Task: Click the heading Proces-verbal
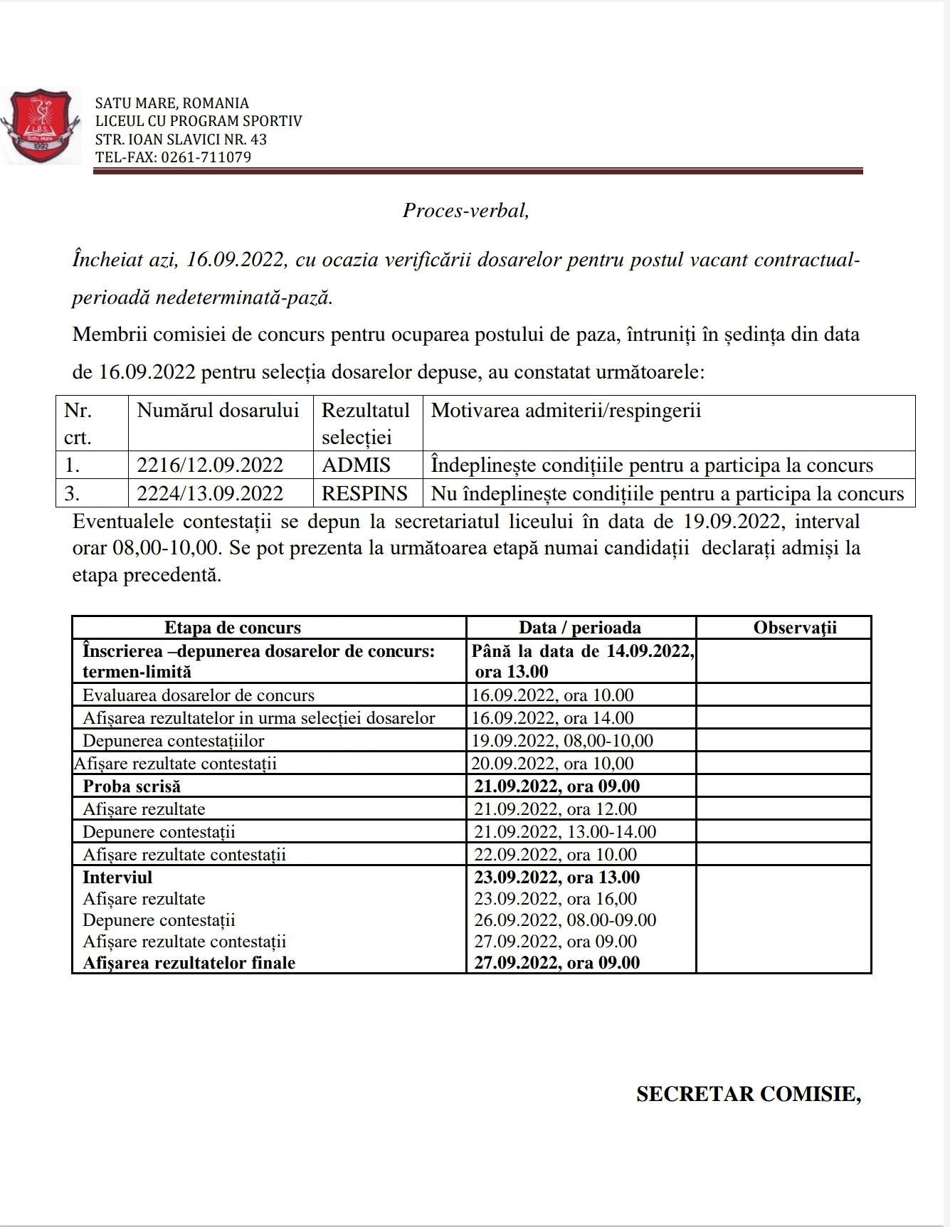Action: click(x=466, y=211)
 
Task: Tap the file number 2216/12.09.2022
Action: click(x=210, y=465)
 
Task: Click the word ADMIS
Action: click(x=356, y=465)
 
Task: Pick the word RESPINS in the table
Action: click(x=364, y=493)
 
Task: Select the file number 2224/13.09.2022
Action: click(x=210, y=493)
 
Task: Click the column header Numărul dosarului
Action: click(x=218, y=411)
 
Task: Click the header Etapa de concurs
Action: click(x=233, y=628)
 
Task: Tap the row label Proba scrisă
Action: click(x=132, y=786)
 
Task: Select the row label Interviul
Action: click(x=117, y=878)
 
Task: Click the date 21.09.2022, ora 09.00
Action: click(x=557, y=786)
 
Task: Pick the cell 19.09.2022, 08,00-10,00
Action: click(x=562, y=741)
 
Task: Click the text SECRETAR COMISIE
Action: click(x=748, y=1095)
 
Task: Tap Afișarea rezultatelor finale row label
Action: click(x=189, y=963)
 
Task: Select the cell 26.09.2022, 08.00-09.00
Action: click(x=565, y=920)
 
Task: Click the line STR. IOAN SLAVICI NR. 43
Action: click(x=181, y=139)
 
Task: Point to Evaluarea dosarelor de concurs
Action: click(x=199, y=695)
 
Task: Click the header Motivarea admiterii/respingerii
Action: click(x=566, y=411)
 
